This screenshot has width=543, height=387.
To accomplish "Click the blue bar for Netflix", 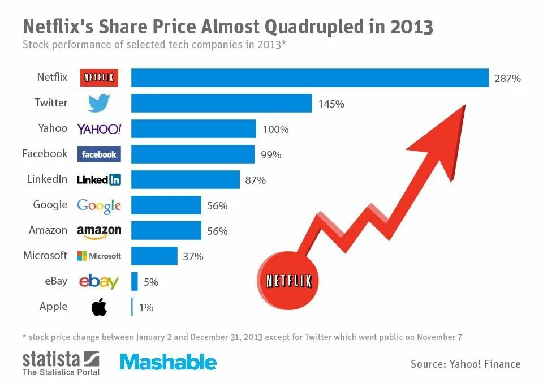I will [x=310, y=78].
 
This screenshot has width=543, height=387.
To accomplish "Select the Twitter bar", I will [x=222, y=104].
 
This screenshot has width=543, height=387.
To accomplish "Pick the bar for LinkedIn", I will [x=186, y=180].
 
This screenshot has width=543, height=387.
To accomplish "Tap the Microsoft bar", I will [x=154, y=256].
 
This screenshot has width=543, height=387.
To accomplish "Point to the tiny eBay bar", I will [x=135, y=281].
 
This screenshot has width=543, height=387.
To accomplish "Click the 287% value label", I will [x=507, y=79].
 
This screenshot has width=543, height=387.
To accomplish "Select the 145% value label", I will [x=331, y=104].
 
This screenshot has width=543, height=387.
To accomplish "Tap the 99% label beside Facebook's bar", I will [x=271, y=154].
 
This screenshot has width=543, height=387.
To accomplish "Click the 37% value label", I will [x=193, y=257].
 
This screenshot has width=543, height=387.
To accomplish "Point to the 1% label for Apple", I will [x=145, y=308].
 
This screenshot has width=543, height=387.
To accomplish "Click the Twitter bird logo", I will [x=99, y=103].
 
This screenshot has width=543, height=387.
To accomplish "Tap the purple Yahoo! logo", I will [x=99, y=129].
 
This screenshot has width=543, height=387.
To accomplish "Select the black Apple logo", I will [x=99, y=307].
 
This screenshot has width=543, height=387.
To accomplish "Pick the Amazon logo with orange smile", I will [x=99, y=231].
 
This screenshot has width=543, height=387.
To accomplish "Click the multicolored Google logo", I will [x=99, y=205].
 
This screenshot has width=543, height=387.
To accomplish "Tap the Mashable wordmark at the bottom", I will [x=168, y=362].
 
